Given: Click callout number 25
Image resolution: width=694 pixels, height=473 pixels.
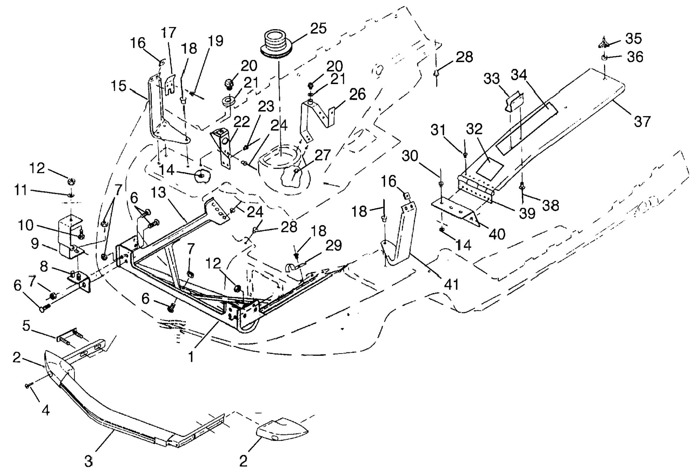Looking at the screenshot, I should coord(318,29).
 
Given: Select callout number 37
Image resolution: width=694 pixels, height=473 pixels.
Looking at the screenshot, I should coord(642,122).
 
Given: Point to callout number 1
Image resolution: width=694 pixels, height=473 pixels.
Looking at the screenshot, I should coord(191,356).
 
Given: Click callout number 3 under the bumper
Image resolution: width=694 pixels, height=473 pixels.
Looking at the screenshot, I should coord(88,461).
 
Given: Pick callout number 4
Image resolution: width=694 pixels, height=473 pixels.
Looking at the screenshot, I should coord(45,410).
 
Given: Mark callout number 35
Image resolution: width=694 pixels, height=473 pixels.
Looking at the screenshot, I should coord(633,38).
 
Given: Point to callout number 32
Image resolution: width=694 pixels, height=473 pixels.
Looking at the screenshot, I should coord(474,129).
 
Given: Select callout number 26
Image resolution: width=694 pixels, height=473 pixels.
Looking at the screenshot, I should coord(358,94).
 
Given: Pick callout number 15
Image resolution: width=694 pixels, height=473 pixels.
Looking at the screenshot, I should coord(118,86).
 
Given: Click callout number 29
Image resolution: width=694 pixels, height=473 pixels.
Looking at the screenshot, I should coord(334,246).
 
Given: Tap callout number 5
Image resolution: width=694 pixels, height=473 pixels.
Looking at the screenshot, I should coord(26,326).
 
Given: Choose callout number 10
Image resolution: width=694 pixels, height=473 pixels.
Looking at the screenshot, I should coord(25,225).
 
